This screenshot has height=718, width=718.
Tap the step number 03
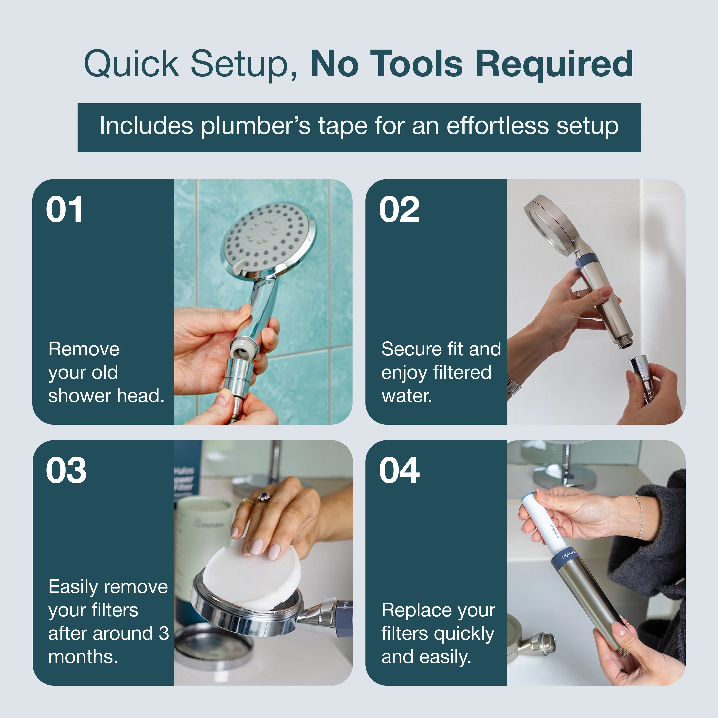[x=66, y=471]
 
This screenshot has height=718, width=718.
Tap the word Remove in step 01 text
[x=84, y=349]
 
